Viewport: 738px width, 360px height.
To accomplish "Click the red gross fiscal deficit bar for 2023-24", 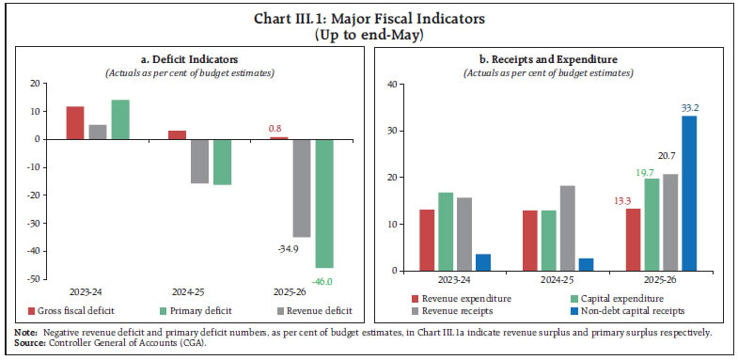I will tap(74, 122).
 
